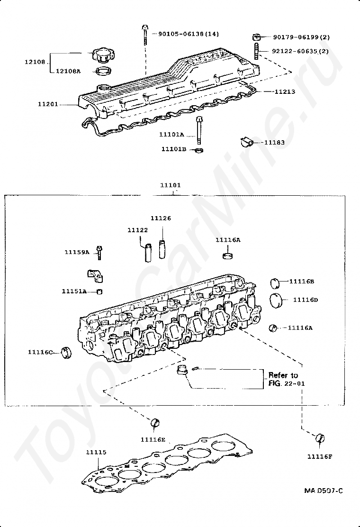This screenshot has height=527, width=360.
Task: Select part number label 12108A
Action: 68,71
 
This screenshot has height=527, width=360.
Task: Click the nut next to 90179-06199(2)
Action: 256,37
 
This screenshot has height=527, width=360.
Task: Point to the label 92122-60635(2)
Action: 301,51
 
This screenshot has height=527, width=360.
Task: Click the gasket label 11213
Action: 285,91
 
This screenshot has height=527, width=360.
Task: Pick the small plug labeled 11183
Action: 246,141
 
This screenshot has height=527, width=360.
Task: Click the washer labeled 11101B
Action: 199,151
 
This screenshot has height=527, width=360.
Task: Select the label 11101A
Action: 171,135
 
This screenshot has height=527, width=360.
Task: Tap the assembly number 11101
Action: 170,185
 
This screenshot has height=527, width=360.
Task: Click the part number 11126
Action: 161,218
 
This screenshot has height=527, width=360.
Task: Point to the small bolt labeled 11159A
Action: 99,251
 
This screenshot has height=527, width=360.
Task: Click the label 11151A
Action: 74,291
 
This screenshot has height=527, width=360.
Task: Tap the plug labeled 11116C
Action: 67,353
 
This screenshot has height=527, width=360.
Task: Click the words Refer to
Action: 283,375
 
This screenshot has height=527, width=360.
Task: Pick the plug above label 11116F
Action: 320,437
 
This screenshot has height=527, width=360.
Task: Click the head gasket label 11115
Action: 96,453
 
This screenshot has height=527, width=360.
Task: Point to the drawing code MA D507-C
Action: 324,491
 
